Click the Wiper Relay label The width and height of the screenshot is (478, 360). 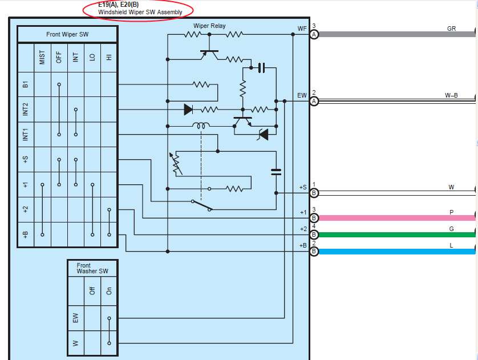(x=209, y=26)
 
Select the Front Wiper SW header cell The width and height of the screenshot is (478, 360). (x=67, y=34)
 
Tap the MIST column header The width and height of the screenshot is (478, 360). (x=42, y=57)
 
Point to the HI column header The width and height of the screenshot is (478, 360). (x=109, y=57)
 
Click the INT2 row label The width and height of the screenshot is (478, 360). (x=25, y=109)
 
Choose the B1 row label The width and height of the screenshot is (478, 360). (x=25, y=84)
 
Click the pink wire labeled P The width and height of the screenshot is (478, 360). (x=396, y=218)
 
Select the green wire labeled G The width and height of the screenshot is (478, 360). (x=396, y=234)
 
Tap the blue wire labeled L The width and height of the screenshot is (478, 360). (x=396, y=252)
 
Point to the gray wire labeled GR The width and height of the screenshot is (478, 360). (x=396, y=34)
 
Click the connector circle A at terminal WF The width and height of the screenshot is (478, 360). (x=314, y=34)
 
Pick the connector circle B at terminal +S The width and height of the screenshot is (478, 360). (x=314, y=193)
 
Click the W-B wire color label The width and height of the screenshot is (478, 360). (x=451, y=95)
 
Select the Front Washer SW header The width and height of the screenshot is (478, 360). (x=92, y=268)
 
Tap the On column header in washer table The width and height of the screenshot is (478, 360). (x=109, y=291)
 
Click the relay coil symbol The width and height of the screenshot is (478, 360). (x=201, y=126)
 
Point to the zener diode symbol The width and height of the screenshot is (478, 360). (x=263, y=135)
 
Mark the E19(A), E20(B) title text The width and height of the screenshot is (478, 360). (x=118, y=5)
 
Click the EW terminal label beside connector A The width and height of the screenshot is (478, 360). (x=302, y=95)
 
